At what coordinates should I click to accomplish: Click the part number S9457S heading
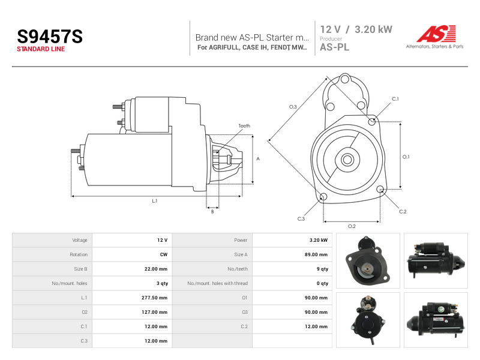tap(50, 37)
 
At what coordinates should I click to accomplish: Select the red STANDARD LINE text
tap(41, 49)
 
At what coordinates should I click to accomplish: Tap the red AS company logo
tap(436, 34)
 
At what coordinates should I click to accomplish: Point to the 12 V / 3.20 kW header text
tap(356, 29)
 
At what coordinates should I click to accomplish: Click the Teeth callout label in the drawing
tap(244, 126)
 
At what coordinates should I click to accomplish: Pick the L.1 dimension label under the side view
tap(155, 201)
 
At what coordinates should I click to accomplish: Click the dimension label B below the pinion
tap(212, 212)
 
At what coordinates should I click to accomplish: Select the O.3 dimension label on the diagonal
tap(293, 107)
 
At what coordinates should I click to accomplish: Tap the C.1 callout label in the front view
tap(395, 99)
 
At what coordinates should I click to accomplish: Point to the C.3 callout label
tap(301, 219)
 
